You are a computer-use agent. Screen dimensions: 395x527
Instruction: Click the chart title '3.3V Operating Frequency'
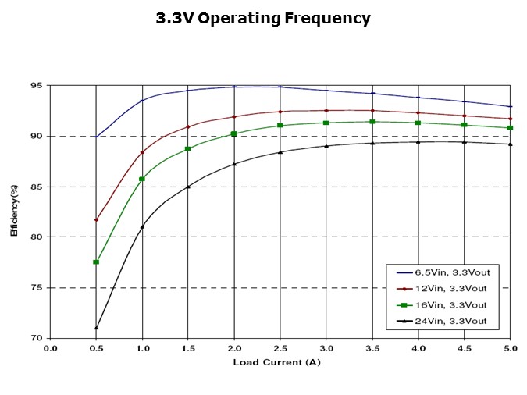263,19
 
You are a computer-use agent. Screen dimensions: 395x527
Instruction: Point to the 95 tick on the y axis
37,86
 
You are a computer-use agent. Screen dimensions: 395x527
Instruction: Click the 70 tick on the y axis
37,338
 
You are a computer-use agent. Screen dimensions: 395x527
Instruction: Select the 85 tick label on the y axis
37,187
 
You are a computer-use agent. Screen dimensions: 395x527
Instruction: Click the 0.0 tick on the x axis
50,348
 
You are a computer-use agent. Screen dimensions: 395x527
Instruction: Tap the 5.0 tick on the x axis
511,348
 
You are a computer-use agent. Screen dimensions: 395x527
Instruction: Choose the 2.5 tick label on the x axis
280,348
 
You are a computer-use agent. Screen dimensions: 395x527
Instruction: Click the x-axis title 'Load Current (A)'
276,362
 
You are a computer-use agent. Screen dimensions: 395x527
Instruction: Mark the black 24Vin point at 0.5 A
96,328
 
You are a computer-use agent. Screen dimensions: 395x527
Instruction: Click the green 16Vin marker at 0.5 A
96,262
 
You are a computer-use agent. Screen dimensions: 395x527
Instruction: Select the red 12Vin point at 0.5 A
96,220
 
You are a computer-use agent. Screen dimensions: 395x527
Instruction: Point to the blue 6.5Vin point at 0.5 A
96,137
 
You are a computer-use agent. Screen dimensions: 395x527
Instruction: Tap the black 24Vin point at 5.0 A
511,144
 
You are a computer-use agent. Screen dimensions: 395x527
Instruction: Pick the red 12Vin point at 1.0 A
142,152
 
